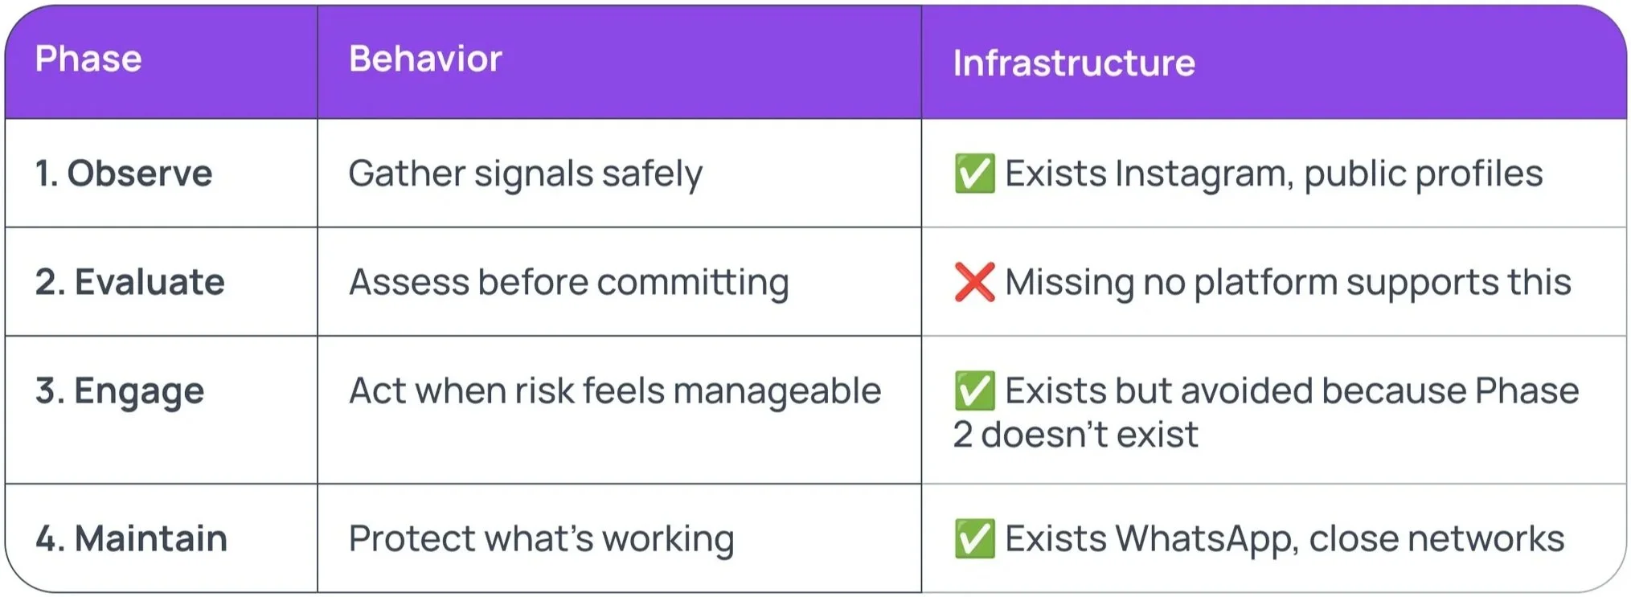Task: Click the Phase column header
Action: click(88, 59)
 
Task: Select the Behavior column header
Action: click(425, 59)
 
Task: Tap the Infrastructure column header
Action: click(1074, 63)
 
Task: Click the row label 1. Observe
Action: click(124, 174)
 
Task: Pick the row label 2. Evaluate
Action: click(129, 282)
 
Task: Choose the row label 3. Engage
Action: click(120, 391)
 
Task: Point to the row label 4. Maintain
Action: click(131, 538)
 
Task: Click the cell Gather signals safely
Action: click(525, 174)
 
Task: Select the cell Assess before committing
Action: click(568, 282)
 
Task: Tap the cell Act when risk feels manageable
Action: click(615, 391)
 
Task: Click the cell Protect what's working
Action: click(541, 538)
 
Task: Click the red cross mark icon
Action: click(974, 282)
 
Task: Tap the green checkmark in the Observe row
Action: click(974, 174)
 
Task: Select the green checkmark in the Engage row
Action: click(974, 391)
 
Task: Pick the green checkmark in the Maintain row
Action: click(974, 538)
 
